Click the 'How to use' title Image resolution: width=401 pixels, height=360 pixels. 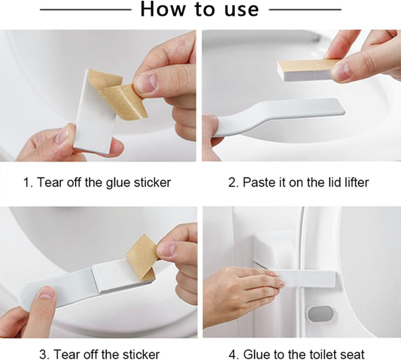pos(199,10)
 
